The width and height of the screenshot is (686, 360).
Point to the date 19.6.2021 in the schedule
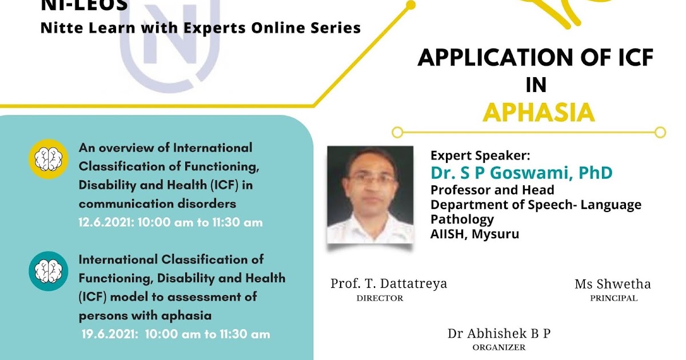coord(109,334)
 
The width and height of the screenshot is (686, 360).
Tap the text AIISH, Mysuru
coord(475,234)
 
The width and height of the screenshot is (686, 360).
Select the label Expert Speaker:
coord(480,155)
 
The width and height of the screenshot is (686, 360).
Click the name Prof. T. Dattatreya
coord(389,283)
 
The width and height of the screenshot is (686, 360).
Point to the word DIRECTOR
coord(380,298)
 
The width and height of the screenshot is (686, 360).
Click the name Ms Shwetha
coord(613,284)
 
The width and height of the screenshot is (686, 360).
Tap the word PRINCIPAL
coord(613,298)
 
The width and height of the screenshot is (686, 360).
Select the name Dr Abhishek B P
coord(499,334)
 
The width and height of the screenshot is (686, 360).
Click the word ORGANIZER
coord(498,347)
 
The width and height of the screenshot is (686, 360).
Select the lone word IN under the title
coord(536,85)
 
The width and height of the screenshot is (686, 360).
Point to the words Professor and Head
coord(492,190)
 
